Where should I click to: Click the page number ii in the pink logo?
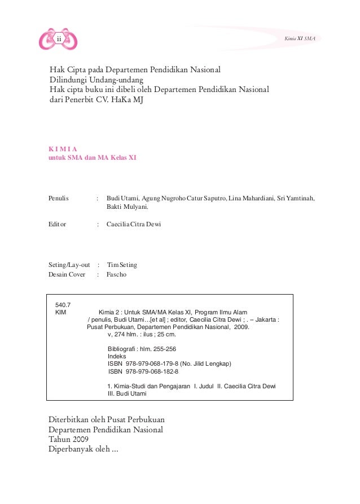pyautogui.click(x=58, y=39)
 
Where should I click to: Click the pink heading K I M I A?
pyautogui.click(x=63, y=149)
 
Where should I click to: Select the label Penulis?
pyautogui.click(x=58, y=198)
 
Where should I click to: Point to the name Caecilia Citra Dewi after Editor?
pyautogui.click(x=134, y=224)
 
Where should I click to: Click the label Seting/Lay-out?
pyautogui.click(x=69, y=265)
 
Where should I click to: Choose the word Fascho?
pyautogui.click(x=117, y=275)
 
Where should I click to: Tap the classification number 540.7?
pyautogui.click(x=63, y=305)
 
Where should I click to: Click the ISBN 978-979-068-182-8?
pyautogui.click(x=143, y=372)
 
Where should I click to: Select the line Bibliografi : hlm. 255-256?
pyautogui.click(x=142, y=349)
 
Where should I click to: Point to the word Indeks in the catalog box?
pyautogui.click(x=117, y=357)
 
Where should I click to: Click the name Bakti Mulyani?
pyautogui.click(x=128, y=207)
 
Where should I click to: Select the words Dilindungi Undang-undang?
pyautogui.click(x=96, y=80)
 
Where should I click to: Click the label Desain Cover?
pyautogui.click(x=67, y=275)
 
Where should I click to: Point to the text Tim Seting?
pyautogui.click(x=122, y=265)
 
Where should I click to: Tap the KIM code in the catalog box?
pyautogui.click(x=60, y=312)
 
